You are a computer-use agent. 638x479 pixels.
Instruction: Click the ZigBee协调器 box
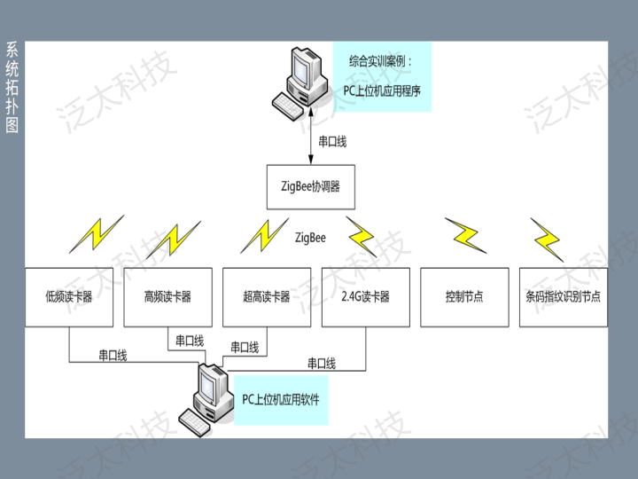tap(310, 187)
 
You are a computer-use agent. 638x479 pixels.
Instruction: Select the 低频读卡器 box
tap(69, 296)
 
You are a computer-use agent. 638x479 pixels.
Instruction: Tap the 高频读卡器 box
tap(167, 296)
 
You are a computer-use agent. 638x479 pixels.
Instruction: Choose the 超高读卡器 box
tap(267, 296)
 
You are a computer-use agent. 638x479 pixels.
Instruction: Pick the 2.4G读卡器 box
tap(365, 296)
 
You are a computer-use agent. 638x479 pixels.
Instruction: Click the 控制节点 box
tap(464, 296)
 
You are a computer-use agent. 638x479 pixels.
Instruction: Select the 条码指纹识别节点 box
tap(563, 296)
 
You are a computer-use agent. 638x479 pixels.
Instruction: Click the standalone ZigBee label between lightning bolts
tap(310, 238)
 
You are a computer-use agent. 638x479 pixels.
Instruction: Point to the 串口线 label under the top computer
tap(332, 140)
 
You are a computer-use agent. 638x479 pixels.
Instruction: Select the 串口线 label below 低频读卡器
tap(113, 355)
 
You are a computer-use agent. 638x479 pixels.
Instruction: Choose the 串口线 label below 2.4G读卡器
tap(321, 363)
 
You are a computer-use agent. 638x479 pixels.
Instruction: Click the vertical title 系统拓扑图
tap(12, 87)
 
